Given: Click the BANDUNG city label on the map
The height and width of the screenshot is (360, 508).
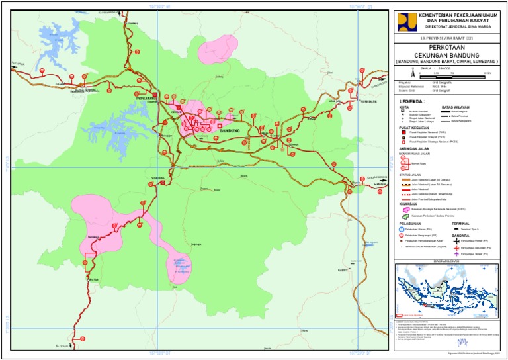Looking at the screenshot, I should pos(229,131).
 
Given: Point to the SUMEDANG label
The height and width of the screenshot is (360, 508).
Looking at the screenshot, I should pos(368,101).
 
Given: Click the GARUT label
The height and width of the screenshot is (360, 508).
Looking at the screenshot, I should pos(343,270).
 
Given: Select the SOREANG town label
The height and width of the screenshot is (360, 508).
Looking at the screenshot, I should pos(157,179).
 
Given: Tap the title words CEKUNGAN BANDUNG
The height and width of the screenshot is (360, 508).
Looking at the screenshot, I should pos(446,55).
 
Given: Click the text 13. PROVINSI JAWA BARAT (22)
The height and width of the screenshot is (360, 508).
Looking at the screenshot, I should pos(446,40).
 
